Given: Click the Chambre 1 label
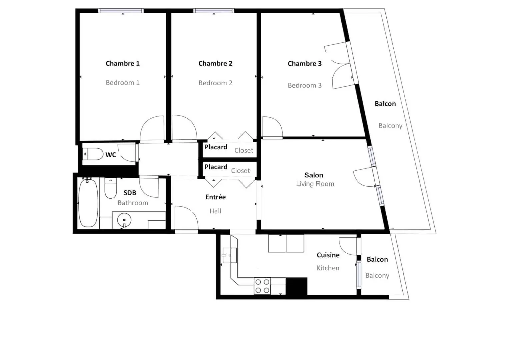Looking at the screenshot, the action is click(122, 63).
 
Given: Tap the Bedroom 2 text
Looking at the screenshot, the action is click(215, 83).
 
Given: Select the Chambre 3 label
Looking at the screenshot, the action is click(304, 64).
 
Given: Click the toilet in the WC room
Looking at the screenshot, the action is click(93, 154).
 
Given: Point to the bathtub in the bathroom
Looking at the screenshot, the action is click(88, 203).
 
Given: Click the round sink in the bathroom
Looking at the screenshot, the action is click(124, 220).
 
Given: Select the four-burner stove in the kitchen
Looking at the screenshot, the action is click(262, 286).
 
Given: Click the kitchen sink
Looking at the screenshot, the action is click(230, 255).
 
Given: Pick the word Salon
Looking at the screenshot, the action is click(314, 175).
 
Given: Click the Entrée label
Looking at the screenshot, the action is click(215, 197).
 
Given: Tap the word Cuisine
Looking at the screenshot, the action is click(328, 255).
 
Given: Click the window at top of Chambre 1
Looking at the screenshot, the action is click(121, 11).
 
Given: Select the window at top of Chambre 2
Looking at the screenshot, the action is click(214, 11).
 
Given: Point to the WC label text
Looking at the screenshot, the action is click(111, 155).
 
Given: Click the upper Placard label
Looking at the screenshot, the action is click(216, 147).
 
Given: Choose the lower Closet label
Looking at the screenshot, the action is click(240, 171).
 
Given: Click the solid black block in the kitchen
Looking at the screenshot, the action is click(296, 286).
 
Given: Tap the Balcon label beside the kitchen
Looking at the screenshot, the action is click(377, 259).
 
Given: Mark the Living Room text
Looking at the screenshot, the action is click(315, 184).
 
